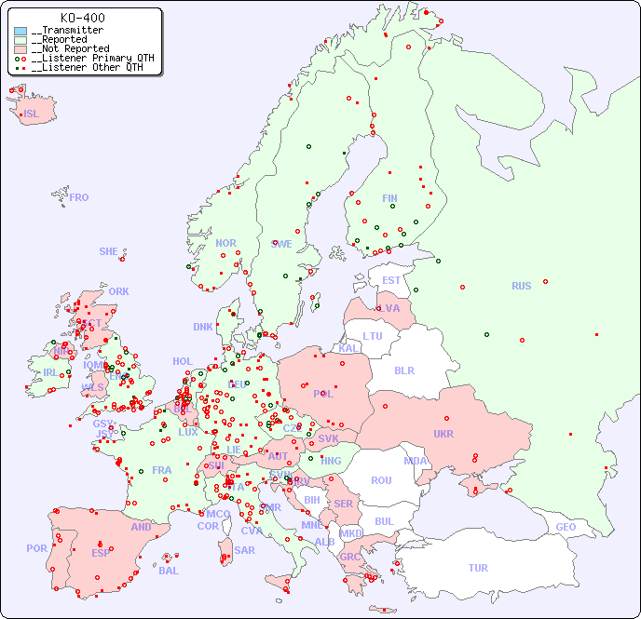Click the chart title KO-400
click(83, 18)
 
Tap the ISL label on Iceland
click(32, 114)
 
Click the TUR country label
click(478, 568)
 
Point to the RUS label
click(521, 286)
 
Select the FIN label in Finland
click(389, 198)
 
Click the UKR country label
click(443, 434)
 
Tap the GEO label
click(566, 527)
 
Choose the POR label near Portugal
click(36, 548)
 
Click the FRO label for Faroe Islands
click(79, 197)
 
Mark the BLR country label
click(403, 370)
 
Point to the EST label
click(391, 280)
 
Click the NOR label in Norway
click(225, 243)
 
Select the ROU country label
click(381, 480)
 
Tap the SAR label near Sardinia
click(244, 549)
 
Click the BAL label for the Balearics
click(168, 571)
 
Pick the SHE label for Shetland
click(109, 251)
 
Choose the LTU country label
click(373, 336)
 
